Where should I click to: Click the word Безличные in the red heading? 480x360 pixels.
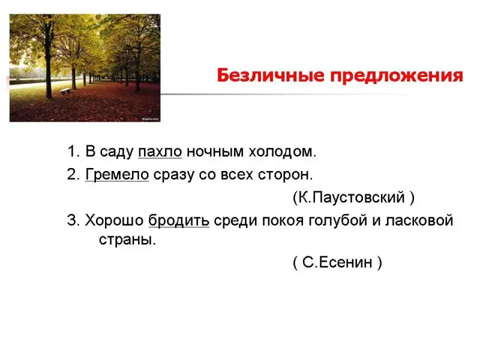point(271,76)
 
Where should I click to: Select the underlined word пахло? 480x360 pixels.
point(160,152)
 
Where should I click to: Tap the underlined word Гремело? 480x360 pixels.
point(117,175)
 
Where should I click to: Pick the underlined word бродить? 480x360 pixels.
point(179,220)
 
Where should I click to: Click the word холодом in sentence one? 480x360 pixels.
point(282,152)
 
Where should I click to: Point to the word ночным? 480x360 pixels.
point(215,152)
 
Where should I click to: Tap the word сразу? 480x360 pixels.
point(174,175)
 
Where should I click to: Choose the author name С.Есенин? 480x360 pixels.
point(337,262)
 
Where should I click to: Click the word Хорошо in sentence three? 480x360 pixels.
point(114,220)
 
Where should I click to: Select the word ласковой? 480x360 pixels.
point(419,220)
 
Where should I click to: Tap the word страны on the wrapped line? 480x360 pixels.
point(127,239)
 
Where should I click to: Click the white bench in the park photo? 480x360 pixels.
point(65,91)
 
